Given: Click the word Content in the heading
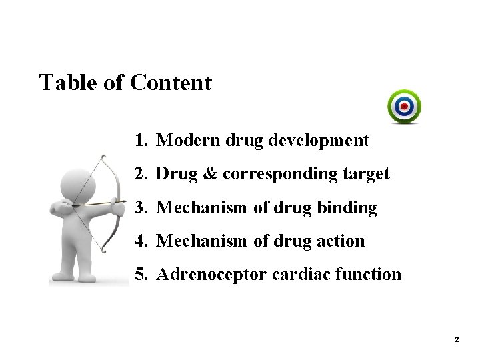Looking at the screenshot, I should click(171, 83).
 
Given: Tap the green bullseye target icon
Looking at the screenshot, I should click(405, 107).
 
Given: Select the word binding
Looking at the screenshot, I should click(348, 208).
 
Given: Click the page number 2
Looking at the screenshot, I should click(457, 340).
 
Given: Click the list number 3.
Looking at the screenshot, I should click(139, 208).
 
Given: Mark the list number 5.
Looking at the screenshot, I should click(139, 274).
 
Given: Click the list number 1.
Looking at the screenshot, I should click(139, 141).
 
